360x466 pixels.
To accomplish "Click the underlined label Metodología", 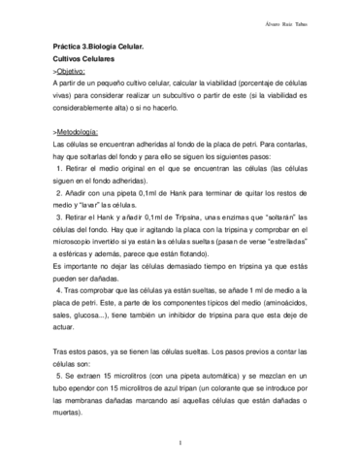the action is point(77,129).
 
